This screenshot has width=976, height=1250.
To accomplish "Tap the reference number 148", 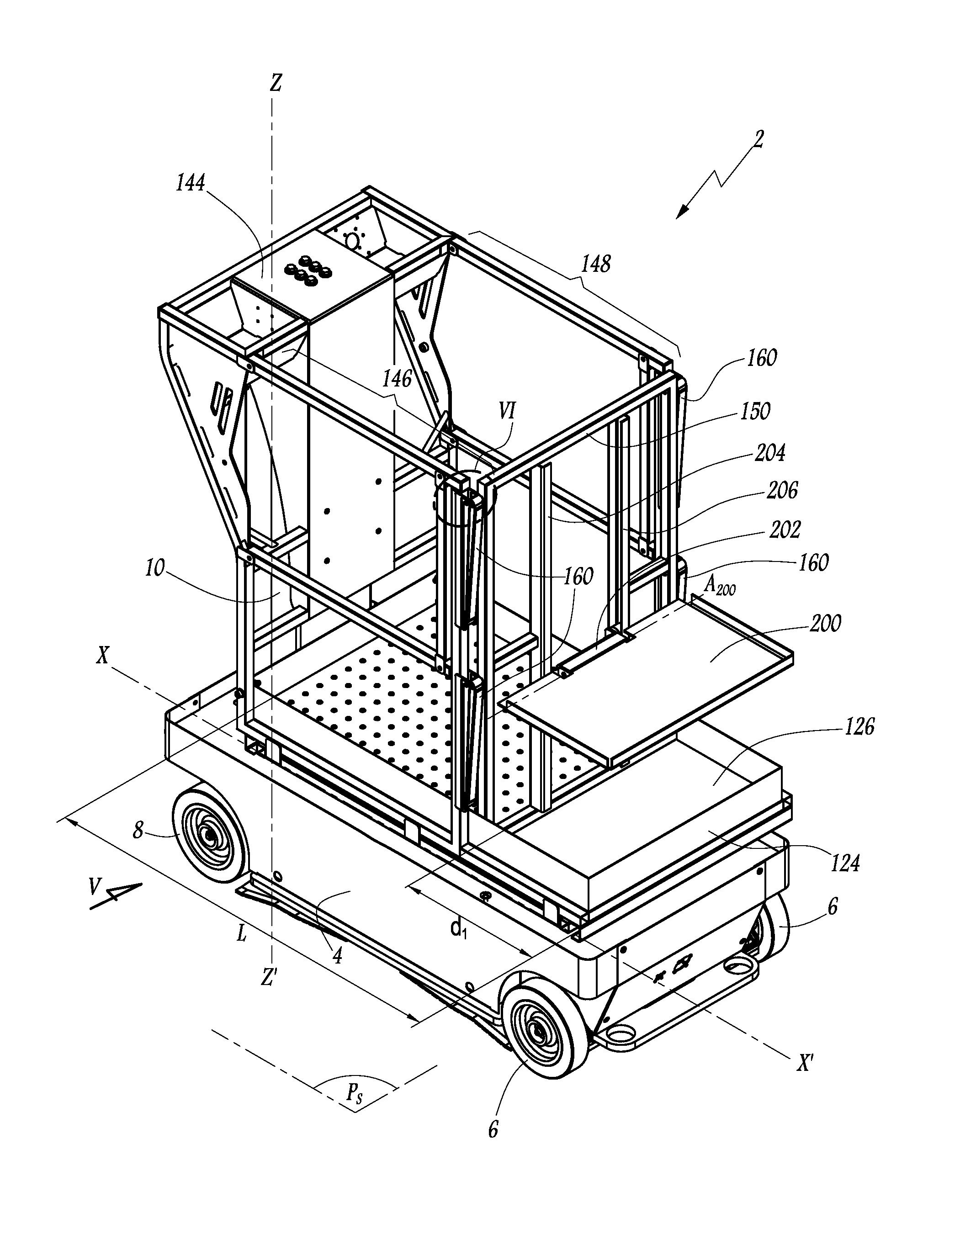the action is [x=596, y=264].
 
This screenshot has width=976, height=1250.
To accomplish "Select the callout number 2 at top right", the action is [x=759, y=140].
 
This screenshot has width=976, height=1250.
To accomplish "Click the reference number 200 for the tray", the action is [x=825, y=623].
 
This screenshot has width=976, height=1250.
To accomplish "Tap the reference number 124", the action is [x=845, y=863].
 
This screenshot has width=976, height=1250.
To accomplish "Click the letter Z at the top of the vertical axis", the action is [x=276, y=84].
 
